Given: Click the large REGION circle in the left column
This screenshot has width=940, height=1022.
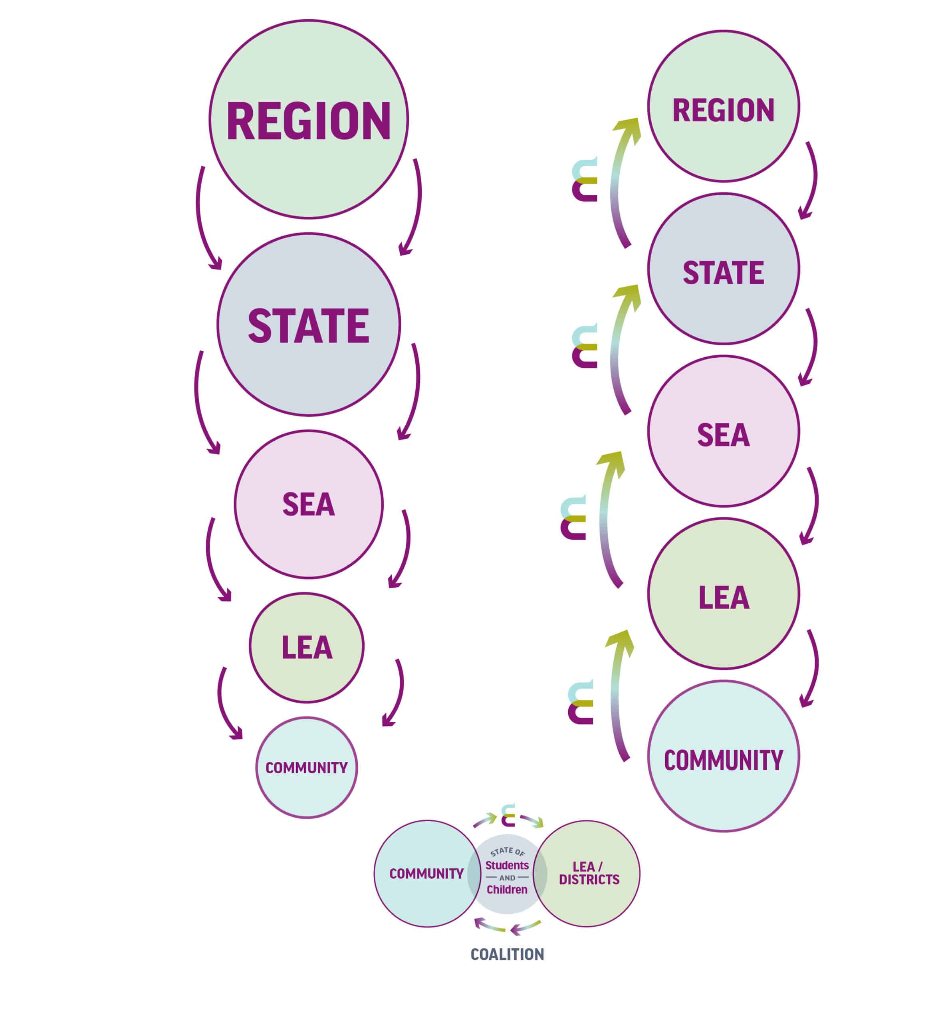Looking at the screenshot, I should click(x=308, y=119).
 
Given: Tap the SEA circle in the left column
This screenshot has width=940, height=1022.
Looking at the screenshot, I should click(x=308, y=504).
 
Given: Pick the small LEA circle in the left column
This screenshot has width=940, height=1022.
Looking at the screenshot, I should click(x=307, y=647).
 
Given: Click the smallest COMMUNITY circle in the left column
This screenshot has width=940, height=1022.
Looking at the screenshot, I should click(x=306, y=767).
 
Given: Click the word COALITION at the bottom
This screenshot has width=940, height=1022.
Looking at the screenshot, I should click(x=507, y=955).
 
